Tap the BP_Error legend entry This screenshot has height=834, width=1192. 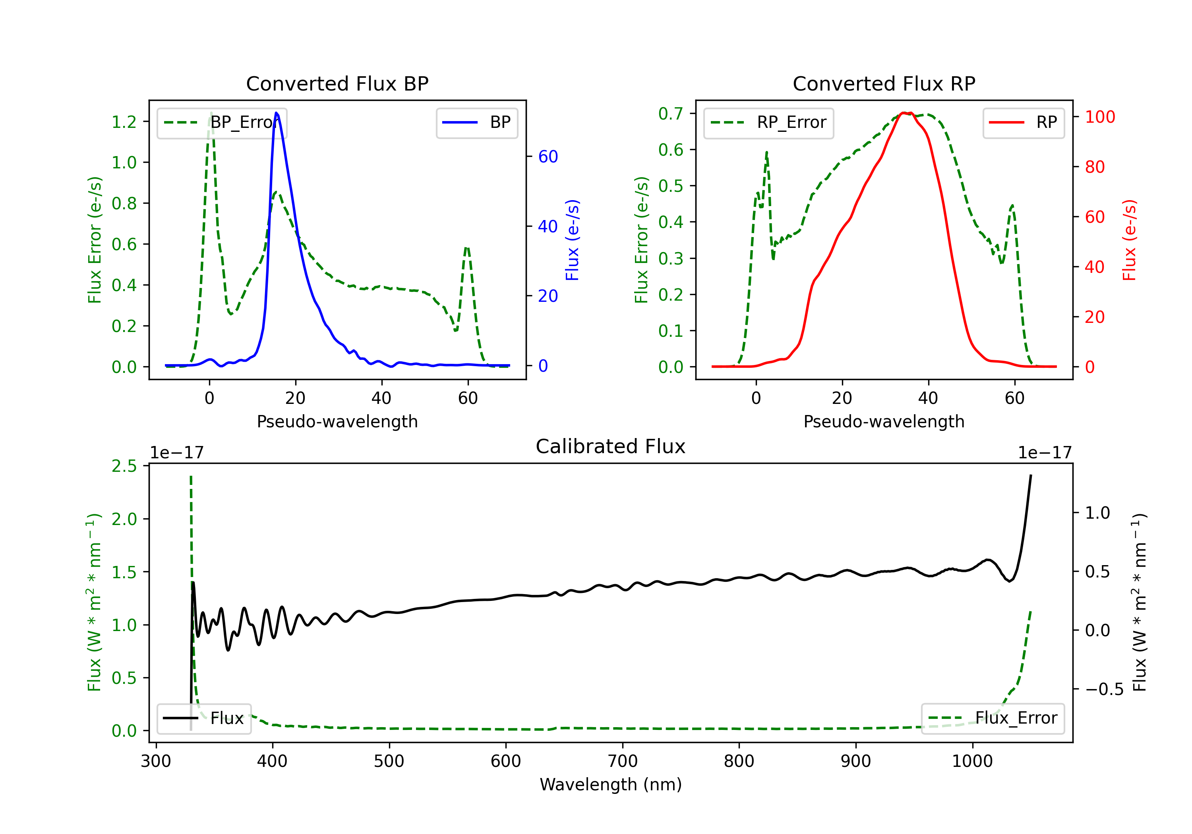pyautogui.click(x=222, y=123)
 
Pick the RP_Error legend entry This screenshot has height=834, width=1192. pyautogui.click(x=769, y=123)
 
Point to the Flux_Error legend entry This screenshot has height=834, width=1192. pyautogui.click(x=993, y=718)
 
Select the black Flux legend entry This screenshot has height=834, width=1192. pyautogui.click(x=204, y=718)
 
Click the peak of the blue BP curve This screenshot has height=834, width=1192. pyautogui.click(x=276, y=113)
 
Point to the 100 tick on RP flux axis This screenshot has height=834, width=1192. pyautogui.click(x=1099, y=117)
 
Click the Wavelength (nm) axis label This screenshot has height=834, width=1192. pyautogui.click(x=611, y=785)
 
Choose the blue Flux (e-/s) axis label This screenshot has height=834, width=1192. pyautogui.click(x=572, y=240)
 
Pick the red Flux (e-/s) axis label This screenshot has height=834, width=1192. pyautogui.click(x=1129, y=240)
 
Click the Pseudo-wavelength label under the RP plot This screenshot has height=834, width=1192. pyautogui.click(x=884, y=421)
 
